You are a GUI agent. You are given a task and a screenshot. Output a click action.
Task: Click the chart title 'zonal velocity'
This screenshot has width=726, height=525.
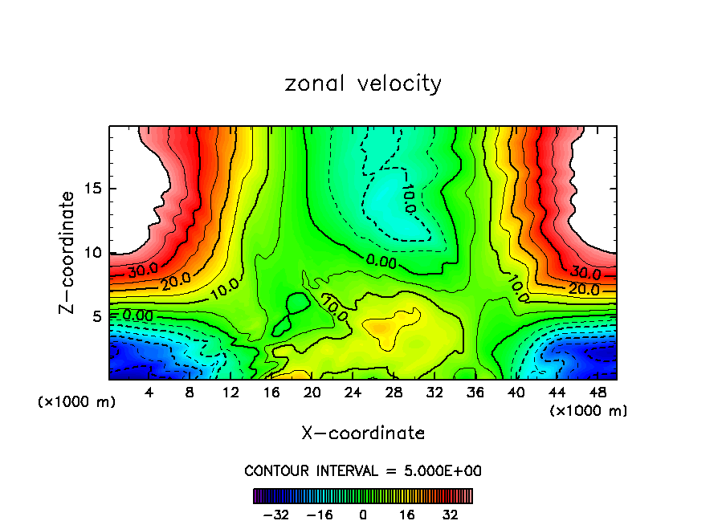(363, 83)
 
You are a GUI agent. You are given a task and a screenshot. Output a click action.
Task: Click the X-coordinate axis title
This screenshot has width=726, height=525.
(363, 433)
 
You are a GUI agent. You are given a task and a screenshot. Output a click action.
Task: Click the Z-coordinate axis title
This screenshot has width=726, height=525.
(68, 252)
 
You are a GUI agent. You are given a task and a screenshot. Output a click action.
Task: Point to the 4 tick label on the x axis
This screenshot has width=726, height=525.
(149, 393)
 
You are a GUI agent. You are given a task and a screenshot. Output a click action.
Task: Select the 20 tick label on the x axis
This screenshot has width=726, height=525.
(312, 393)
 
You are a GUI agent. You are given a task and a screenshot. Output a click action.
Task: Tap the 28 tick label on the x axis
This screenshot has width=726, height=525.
(394, 393)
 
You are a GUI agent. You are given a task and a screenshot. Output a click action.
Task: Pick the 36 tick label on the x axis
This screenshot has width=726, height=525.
(475, 393)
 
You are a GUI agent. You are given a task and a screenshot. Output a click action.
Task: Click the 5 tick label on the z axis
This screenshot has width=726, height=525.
(95, 316)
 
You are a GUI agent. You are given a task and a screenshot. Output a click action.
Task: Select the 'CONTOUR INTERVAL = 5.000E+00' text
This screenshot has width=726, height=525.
(363, 470)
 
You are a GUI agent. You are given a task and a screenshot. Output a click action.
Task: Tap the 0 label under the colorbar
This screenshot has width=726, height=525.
(363, 515)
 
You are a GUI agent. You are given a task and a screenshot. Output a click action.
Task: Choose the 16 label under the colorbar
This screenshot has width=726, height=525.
(407, 515)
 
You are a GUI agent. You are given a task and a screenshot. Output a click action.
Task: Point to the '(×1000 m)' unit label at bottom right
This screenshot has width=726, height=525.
(589, 411)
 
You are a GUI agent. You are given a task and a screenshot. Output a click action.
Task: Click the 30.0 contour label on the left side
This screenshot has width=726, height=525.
(143, 269)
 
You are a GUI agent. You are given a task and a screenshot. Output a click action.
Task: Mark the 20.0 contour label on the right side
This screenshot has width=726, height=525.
(584, 289)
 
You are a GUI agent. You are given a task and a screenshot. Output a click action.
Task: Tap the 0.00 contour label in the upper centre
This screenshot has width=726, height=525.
(381, 261)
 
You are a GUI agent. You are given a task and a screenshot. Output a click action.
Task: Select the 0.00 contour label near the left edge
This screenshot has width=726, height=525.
(137, 315)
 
